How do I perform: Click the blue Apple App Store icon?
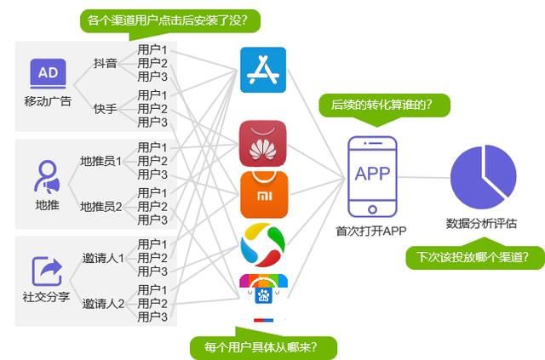coord(263,70)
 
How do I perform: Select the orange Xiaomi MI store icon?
coord(263,193)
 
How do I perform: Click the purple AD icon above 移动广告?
coord(48,74)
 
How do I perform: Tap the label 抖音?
coord(105,63)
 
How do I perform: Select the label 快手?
coord(105,108)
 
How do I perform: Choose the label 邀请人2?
coord(103,303)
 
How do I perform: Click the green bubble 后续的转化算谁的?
coord(381,105)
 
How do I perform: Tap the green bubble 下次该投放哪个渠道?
coord(474,256)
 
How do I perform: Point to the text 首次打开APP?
coord(371,231)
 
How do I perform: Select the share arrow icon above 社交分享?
coord(48,271)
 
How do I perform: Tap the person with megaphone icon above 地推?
coord(47,175)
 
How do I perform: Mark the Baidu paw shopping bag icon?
coord(263,289)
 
